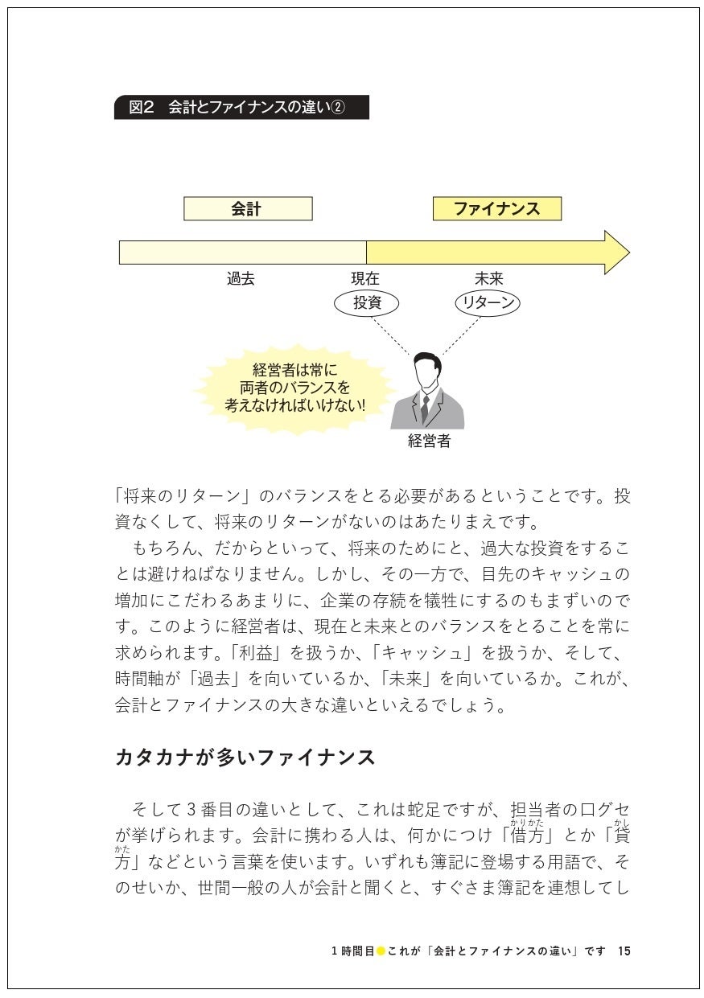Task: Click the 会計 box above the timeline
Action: point(248,209)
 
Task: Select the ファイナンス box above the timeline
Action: point(496,209)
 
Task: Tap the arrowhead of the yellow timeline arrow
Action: point(615,252)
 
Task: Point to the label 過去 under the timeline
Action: point(241,279)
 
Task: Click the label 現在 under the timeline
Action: point(364,279)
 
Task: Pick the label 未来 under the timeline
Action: point(488,279)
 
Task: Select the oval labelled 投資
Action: point(365,303)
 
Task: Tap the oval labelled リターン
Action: point(487,303)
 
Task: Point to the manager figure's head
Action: point(427,372)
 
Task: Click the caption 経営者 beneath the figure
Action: point(429,441)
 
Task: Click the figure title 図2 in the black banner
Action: point(141,108)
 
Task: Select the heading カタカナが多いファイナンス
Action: point(246,757)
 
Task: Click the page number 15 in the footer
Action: point(624,951)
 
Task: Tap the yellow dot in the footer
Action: point(381,951)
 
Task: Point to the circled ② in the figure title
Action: point(339,108)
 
